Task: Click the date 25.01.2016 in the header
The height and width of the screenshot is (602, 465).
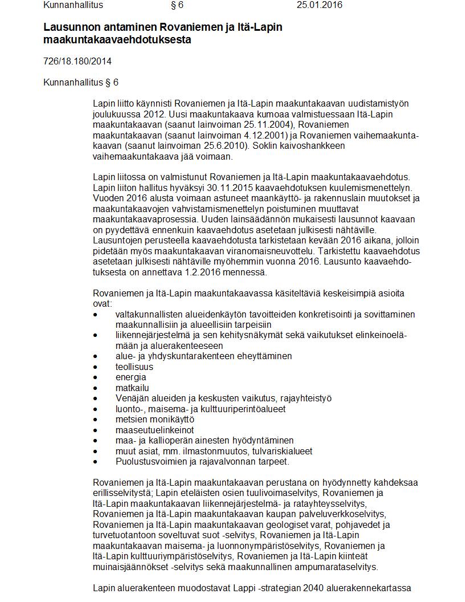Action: tap(319, 5)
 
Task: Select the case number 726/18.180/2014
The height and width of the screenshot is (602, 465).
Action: tap(77, 61)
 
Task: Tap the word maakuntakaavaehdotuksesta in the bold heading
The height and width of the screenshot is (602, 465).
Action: tap(117, 40)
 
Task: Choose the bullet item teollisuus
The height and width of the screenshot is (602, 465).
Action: tap(134, 367)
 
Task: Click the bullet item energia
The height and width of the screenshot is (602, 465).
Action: tap(130, 377)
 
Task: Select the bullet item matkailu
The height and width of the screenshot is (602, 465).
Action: tap(132, 388)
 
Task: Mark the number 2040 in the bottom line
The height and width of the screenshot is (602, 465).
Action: tap(315, 588)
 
